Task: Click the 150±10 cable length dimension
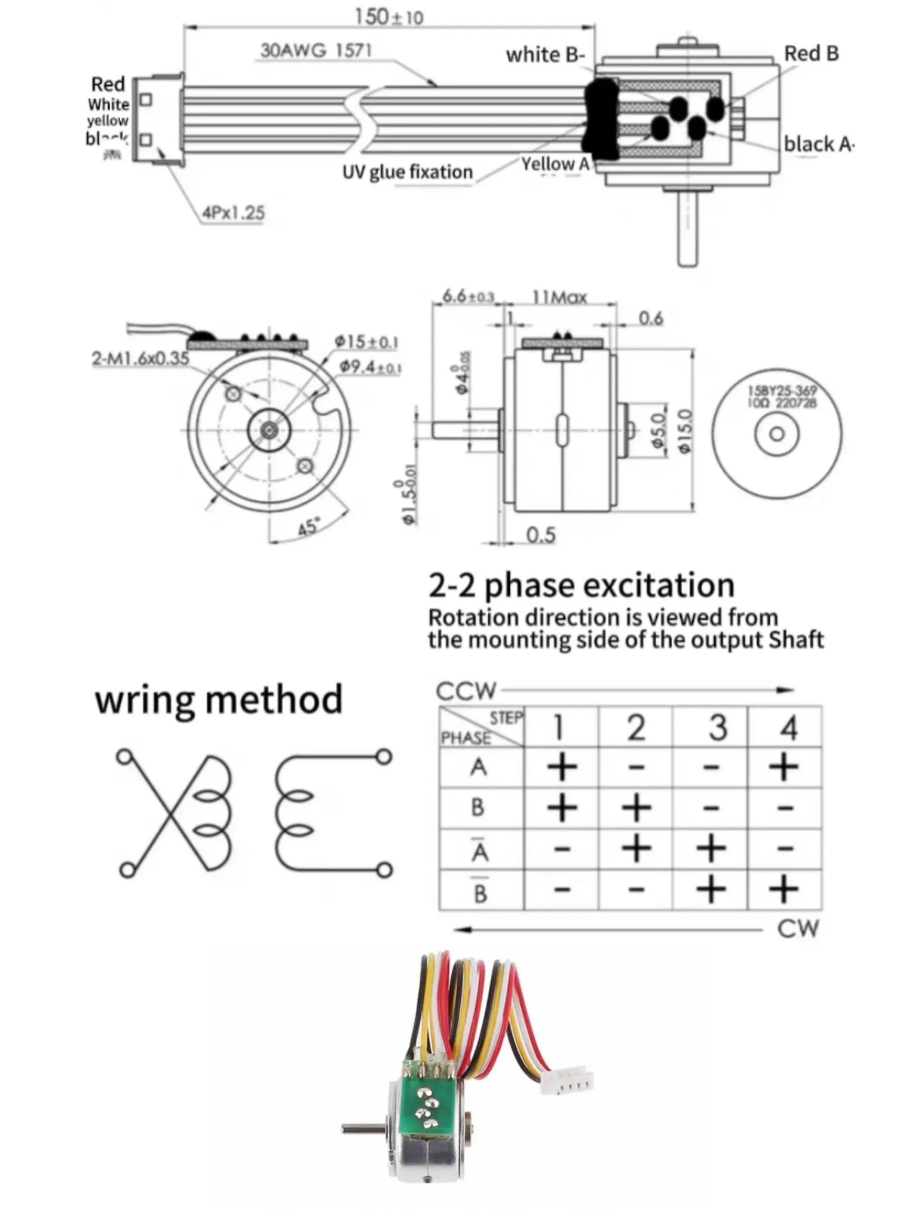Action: (388, 17)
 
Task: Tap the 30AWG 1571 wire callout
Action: (316, 50)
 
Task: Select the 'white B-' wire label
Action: (544, 55)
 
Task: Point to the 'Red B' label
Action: (811, 54)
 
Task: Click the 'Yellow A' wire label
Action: (555, 164)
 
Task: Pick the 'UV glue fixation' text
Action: (407, 172)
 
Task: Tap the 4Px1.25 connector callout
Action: (233, 212)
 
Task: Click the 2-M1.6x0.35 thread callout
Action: (140, 359)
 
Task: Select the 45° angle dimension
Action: (309, 527)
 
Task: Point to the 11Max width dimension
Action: (559, 297)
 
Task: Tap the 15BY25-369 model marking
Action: (782, 390)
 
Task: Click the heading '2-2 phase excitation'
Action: (581, 585)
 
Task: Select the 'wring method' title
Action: (219, 699)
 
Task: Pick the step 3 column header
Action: (717, 727)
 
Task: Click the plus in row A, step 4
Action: (784, 767)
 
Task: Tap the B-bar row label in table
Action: (480, 891)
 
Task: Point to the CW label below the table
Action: (798, 929)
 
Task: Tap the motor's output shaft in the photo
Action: (362, 1128)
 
